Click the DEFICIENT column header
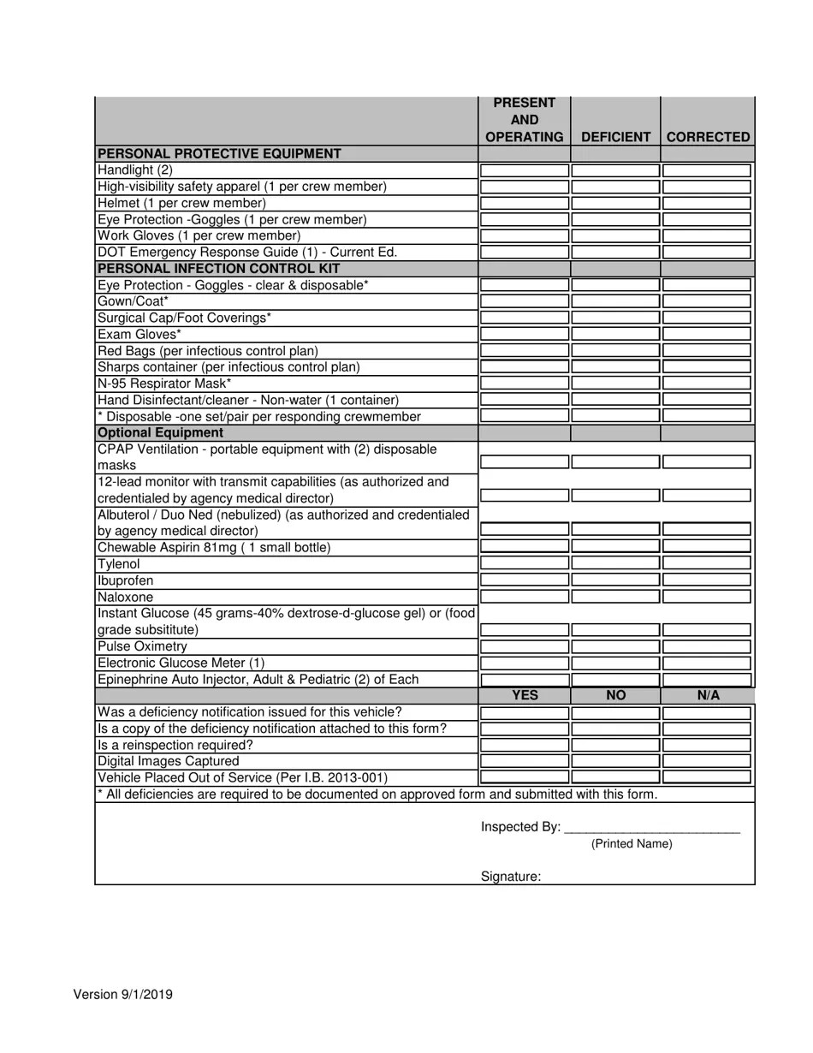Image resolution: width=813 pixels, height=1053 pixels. click(x=615, y=137)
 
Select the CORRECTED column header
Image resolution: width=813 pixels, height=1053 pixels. click(x=708, y=137)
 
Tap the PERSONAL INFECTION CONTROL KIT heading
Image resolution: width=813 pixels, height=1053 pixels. click(x=207, y=268)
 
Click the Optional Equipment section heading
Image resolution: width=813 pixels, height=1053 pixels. click(x=160, y=433)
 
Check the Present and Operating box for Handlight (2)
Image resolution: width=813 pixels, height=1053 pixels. click(x=524, y=170)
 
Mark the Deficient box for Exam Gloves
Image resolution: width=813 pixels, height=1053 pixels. click(x=615, y=335)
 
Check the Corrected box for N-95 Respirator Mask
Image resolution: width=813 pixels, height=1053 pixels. click(x=707, y=384)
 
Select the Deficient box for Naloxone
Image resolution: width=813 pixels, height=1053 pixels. click(x=615, y=597)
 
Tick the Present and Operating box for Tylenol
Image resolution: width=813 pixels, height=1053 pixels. click(x=524, y=563)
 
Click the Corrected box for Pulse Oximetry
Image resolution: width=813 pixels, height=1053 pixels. click(x=707, y=646)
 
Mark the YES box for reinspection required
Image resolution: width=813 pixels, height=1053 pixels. click(x=524, y=745)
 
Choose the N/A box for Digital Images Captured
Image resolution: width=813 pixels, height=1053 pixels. click(x=707, y=761)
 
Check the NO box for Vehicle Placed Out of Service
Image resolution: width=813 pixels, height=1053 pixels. click(x=615, y=777)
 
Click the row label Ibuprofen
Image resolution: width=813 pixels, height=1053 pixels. click(x=126, y=580)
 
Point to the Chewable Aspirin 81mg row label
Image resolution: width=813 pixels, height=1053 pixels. click(x=213, y=547)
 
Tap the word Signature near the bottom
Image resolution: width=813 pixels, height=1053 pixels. click(x=510, y=877)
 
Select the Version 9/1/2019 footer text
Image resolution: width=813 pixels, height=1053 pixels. click(x=123, y=994)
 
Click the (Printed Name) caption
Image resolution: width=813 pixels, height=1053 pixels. click(x=632, y=844)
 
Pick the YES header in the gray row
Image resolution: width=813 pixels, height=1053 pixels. click(x=524, y=695)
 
